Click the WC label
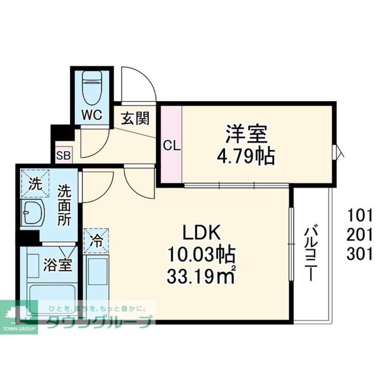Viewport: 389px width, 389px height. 91,115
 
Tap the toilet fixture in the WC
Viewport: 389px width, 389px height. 92,87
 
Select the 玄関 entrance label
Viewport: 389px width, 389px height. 135,118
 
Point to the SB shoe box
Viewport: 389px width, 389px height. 63,156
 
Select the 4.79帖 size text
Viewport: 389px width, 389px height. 246,156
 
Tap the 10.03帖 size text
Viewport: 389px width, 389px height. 201,255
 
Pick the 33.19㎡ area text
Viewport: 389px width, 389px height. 201,276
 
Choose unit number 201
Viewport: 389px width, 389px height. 360,234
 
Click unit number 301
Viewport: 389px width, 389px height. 360,255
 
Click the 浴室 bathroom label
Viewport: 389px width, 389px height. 57,266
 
